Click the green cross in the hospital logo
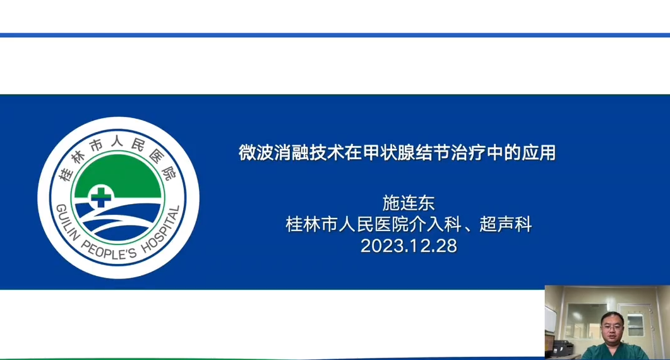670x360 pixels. coord(101,196)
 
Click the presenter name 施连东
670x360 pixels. coord(409,203)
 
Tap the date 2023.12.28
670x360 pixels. coord(409,246)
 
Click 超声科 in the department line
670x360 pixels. coord(505,224)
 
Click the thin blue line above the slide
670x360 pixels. coord(335,35)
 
